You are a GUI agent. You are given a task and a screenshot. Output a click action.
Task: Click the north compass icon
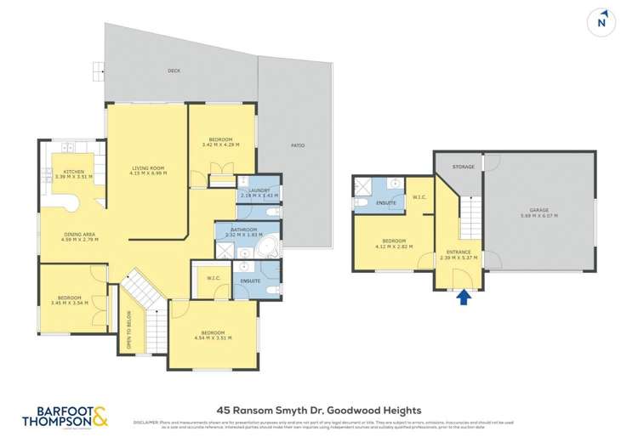click(x=604, y=20)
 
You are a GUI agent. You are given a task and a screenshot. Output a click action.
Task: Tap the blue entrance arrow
click(x=464, y=298)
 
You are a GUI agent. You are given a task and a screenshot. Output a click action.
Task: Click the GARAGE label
click(x=539, y=209)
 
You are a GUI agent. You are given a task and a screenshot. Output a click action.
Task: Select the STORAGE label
click(x=463, y=167)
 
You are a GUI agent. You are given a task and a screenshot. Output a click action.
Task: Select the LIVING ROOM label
click(x=146, y=167)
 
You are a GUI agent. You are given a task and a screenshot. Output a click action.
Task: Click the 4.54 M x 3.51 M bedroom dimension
click(x=213, y=338)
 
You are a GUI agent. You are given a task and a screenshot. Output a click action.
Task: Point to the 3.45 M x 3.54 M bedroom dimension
click(x=71, y=303)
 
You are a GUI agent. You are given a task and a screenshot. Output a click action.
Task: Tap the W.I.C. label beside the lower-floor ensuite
click(x=419, y=198)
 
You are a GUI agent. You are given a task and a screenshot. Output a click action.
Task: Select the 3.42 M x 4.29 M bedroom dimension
click(x=220, y=145)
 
